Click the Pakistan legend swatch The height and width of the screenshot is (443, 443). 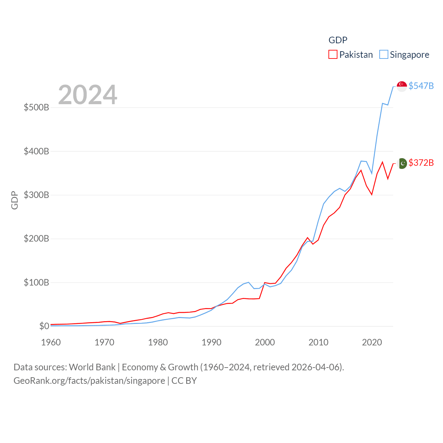coord(333,55)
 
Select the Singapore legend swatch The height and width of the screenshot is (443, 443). coord(383,55)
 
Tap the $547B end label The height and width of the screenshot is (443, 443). coord(421,86)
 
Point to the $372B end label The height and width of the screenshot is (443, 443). coord(421,163)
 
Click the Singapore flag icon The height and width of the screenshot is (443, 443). coord(402,86)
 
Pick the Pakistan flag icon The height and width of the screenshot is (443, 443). coord(402,163)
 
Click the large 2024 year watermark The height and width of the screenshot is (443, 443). coord(88,95)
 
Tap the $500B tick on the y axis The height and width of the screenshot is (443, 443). coord(36,107)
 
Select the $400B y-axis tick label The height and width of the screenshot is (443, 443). coord(36,151)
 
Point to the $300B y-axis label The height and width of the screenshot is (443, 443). coord(36,195)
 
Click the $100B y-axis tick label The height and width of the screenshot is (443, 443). coord(36,282)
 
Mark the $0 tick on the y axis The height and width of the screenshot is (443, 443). coord(44,326)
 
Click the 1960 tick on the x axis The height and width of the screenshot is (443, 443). coord(51,342)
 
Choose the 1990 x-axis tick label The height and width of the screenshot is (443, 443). coord(211,342)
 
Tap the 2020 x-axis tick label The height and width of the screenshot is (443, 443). coord(372,342)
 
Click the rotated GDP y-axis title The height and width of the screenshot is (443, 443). coord(15,200)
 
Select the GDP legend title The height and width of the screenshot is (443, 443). coord(338,40)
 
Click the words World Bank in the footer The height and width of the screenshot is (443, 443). coord(92,367)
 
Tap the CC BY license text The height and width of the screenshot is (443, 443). coord(184,381)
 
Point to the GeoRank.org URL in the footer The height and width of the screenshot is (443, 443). coord(89,381)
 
